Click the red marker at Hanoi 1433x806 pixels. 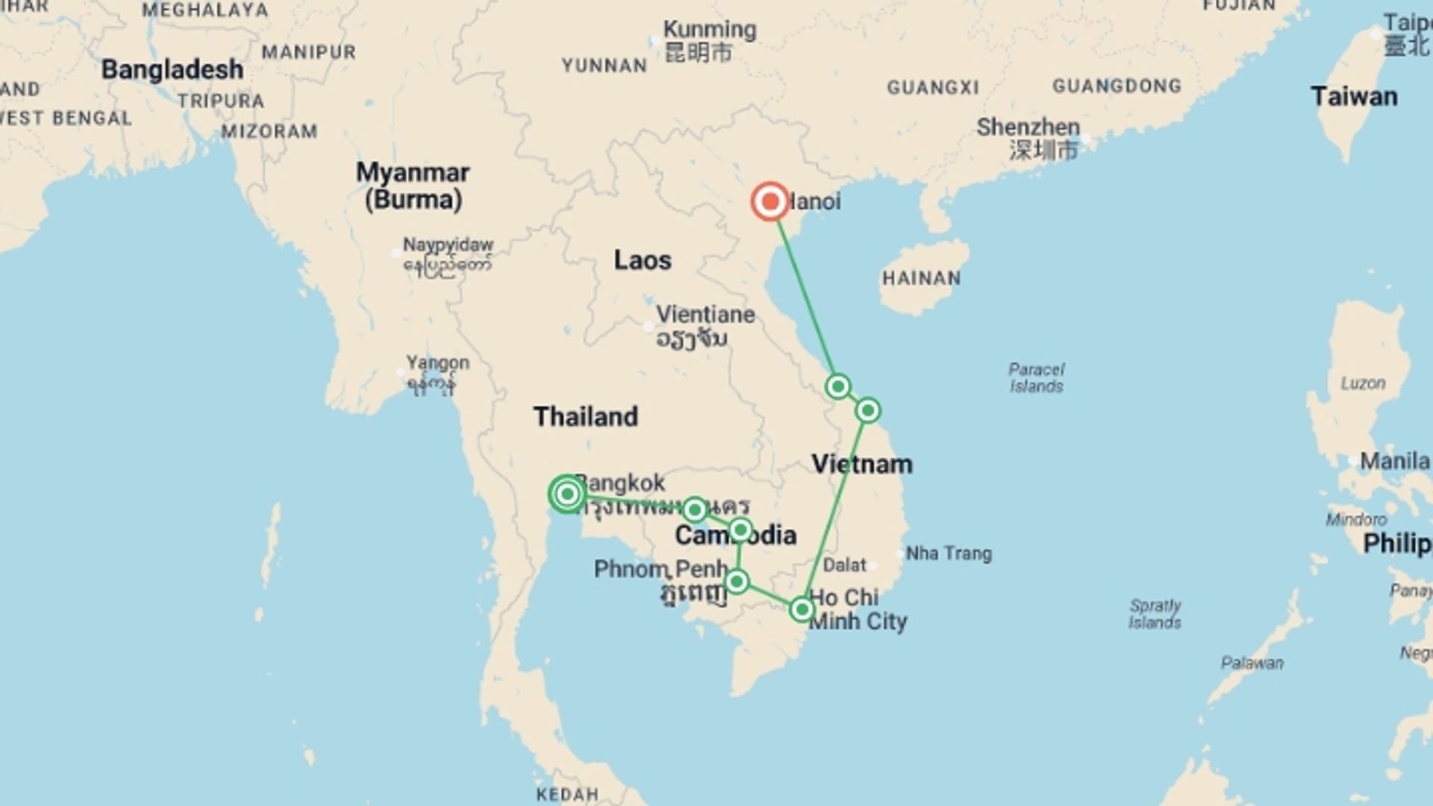tap(769, 201)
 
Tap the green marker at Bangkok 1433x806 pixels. tap(566, 494)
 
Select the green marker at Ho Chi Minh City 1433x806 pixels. tap(802, 610)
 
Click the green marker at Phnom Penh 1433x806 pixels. tap(737, 581)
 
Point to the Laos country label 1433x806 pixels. tap(642, 260)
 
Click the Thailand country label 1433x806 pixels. tap(585, 416)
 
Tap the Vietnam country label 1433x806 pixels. tap(862, 464)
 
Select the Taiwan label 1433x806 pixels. tap(1354, 97)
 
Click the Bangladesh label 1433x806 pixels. tap(172, 69)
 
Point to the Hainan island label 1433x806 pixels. tap(921, 278)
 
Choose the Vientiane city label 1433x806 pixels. tap(705, 315)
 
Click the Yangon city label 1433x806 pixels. tap(437, 363)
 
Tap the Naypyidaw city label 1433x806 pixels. tap(448, 245)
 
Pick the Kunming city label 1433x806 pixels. tap(709, 30)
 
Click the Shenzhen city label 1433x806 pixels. tap(1028, 127)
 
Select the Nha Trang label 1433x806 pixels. tap(949, 554)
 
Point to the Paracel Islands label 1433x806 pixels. tap(1036, 378)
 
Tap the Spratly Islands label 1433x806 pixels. tap(1155, 613)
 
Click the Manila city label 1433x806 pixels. tap(1394, 461)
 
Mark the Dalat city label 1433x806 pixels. tap(845, 565)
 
